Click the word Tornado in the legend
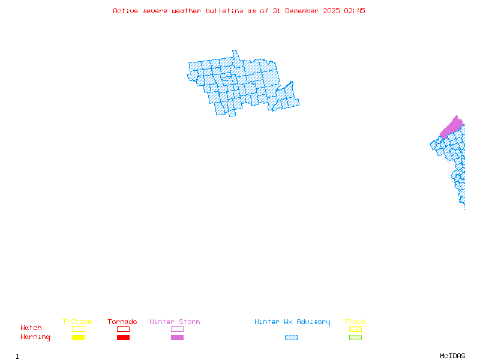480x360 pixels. click(122, 322)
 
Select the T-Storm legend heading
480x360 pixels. click(77, 322)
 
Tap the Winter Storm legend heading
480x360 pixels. click(175, 322)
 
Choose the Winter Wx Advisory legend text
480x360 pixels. click(292, 322)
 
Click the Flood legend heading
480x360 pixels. click(355, 322)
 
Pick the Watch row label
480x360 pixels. click(31, 328)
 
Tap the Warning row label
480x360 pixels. click(35, 337)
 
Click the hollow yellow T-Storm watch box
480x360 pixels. click(78, 329)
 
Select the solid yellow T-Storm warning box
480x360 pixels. click(78, 337)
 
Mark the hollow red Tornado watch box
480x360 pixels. click(123, 329)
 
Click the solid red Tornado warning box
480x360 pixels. click(123, 337)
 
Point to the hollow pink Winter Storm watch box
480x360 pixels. click(177, 329)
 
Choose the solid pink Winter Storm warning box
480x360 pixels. click(177, 337)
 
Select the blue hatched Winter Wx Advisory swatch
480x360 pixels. click(291, 337)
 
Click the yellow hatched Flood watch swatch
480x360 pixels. click(355, 329)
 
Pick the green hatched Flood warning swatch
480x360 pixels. click(355, 337)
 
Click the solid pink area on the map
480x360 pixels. click(452, 127)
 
